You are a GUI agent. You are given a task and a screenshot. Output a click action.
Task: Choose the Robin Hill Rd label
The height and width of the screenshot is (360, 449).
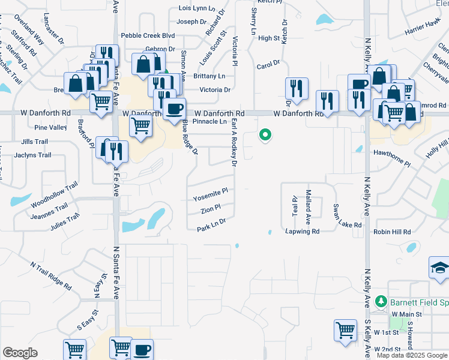pos(391,232)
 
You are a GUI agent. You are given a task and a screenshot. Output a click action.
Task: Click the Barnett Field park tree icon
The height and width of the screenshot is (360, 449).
pos(380,301)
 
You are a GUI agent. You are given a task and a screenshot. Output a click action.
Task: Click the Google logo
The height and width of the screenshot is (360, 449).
pos(20,353)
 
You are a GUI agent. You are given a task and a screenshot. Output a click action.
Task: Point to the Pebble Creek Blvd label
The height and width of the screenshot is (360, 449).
pos(148,36)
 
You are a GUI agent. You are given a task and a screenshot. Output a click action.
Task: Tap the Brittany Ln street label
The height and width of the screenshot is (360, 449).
pos(209,76)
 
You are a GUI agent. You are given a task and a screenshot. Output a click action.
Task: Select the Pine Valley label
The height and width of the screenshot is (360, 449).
pos(50,128)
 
